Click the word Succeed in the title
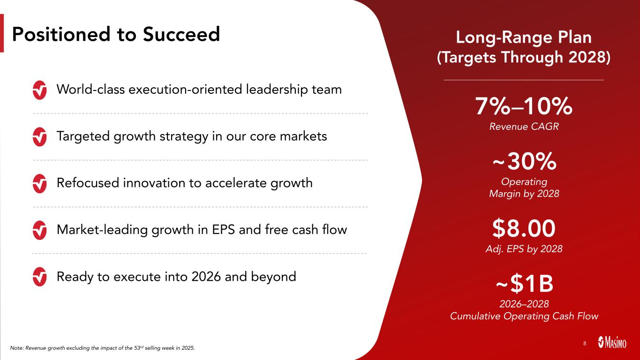tap(181, 34)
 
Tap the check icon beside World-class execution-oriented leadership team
tap(39, 90)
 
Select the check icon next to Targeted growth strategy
tap(39, 137)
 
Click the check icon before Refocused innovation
tap(39, 183)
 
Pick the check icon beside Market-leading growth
tap(39, 230)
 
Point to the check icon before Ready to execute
tap(39, 277)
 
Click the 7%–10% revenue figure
tap(524, 106)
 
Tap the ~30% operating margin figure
tap(524, 161)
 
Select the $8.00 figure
tap(524, 228)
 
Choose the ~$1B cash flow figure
tap(524, 284)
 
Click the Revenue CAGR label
tap(524, 127)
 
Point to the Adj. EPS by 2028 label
tap(524, 249)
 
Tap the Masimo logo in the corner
tap(612, 342)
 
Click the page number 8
tap(585, 343)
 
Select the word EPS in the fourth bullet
tap(224, 230)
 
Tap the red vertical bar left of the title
tap(2, 33)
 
